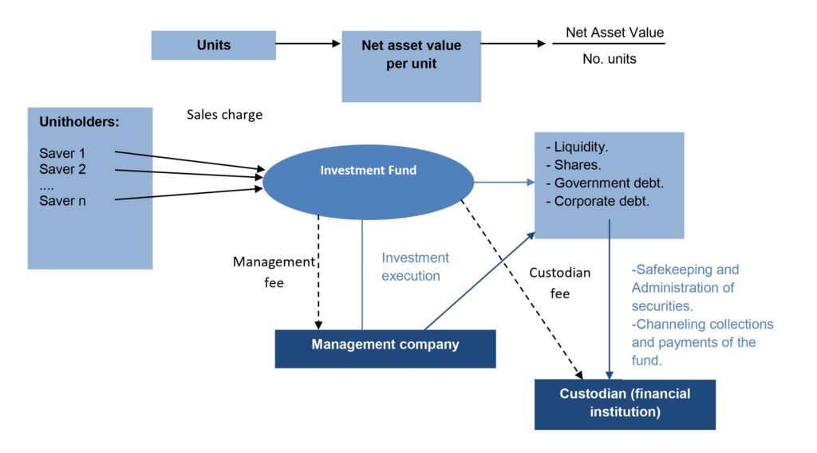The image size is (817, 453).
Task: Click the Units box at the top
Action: click(x=213, y=45)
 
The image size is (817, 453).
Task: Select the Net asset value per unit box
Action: click(x=411, y=65)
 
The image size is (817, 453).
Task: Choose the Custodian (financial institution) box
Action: click(x=625, y=404)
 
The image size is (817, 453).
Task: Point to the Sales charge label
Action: click(x=224, y=115)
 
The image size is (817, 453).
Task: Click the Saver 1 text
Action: click(x=63, y=152)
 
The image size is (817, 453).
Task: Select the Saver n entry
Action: click(x=62, y=200)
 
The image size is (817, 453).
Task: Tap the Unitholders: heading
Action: click(x=79, y=123)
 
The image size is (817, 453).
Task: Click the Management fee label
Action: click(x=274, y=272)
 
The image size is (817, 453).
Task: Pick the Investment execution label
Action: click(x=415, y=267)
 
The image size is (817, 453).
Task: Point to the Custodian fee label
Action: click(x=560, y=283)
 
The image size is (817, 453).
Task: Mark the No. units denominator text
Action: click(x=609, y=59)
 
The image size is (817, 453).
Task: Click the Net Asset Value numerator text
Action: click(x=614, y=33)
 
